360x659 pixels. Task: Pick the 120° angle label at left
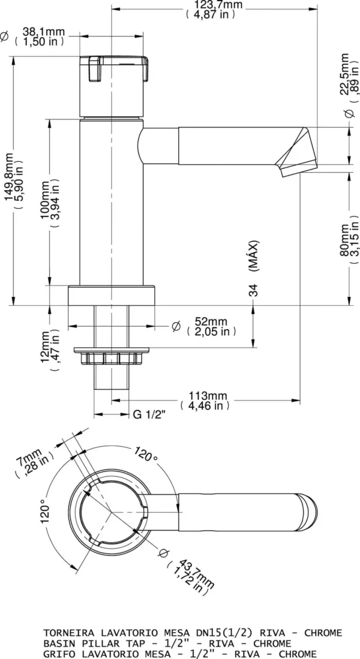click(x=44, y=513)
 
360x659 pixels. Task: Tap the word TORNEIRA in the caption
click(x=67, y=633)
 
